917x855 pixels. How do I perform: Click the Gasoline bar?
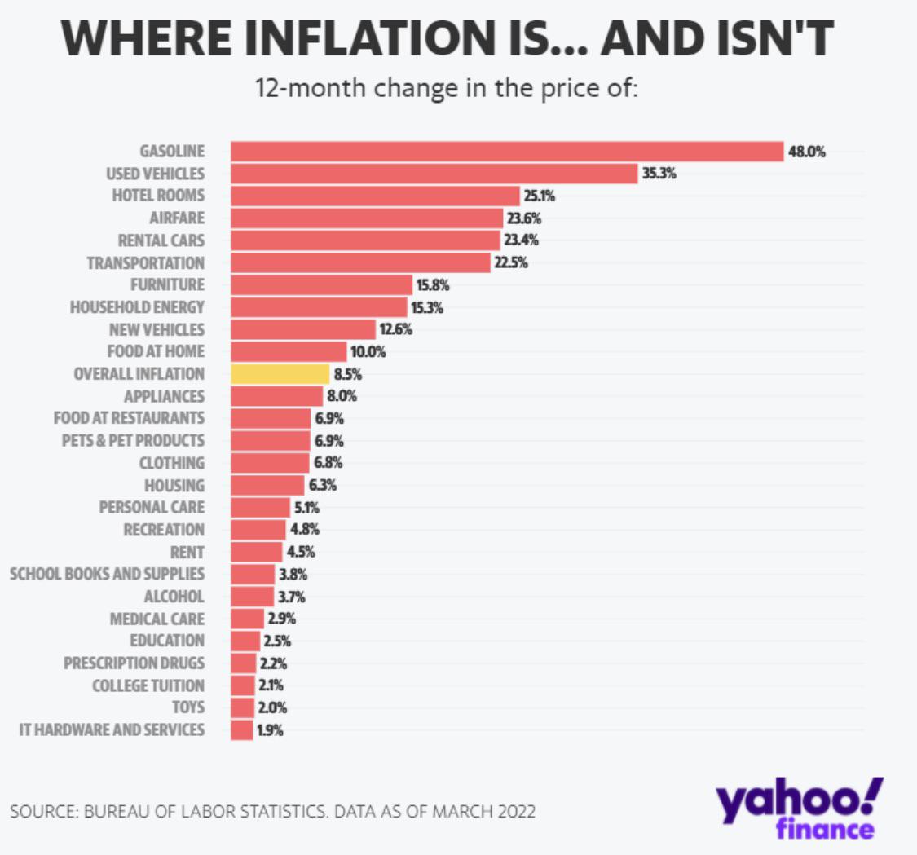click(506, 152)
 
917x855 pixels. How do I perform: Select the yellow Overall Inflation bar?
click(280, 374)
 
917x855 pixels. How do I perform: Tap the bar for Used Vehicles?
click(434, 174)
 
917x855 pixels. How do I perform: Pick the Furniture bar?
click(321, 285)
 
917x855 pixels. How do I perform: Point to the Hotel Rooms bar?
click(375, 196)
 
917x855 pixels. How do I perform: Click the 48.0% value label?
click(807, 152)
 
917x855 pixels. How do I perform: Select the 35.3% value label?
click(659, 174)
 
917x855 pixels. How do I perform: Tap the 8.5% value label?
click(347, 375)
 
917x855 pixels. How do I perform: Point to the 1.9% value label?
click(270, 730)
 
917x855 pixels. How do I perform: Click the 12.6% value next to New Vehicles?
click(395, 330)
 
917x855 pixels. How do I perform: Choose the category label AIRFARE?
click(177, 218)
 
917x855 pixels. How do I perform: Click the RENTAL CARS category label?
click(161, 240)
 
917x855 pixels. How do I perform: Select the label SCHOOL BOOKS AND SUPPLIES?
click(107, 574)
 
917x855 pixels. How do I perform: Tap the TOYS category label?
click(188, 707)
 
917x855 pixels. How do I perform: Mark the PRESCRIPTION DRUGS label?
click(134, 663)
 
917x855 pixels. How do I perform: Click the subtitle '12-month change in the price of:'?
click(447, 88)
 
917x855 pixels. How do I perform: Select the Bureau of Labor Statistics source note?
click(273, 813)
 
